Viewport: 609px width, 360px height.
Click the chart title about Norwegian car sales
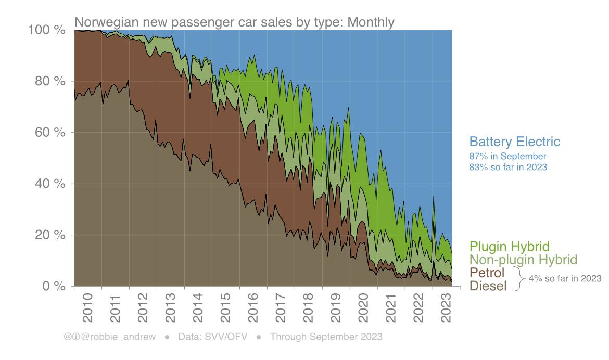pyautogui.click(x=234, y=22)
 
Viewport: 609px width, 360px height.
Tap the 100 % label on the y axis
pyautogui.click(x=46, y=30)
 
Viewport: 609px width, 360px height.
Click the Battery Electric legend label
pyautogui.click(x=514, y=142)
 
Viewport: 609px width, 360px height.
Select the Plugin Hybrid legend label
pyautogui.click(x=509, y=247)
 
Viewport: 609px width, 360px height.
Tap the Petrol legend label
pyautogui.click(x=487, y=273)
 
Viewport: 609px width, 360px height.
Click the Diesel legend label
pyautogui.click(x=488, y=285)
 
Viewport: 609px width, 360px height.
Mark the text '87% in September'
pyautogui.click(x=508, y=156)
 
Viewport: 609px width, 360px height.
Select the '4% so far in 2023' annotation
pyautogui.click(x=565, y=279)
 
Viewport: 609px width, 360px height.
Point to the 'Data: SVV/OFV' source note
pyautogui.click(x=211, y=337)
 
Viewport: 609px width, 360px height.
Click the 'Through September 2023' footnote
pyautogui.click(x=326, y=337)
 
